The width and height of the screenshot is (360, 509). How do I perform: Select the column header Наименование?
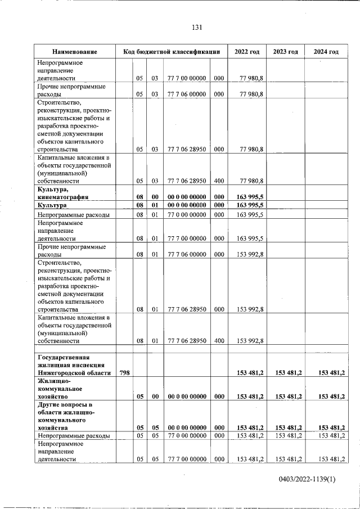[75, 52]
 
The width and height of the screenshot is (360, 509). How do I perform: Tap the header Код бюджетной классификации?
[172, 52]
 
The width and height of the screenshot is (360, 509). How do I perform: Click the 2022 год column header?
[247, 52]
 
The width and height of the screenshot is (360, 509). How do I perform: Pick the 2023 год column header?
[285, 52]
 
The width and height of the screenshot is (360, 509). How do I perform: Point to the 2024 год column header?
[326, 52]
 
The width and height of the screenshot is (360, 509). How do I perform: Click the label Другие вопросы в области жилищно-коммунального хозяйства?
[65, 416]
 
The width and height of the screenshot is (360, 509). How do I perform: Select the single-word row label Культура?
[52, 205]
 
